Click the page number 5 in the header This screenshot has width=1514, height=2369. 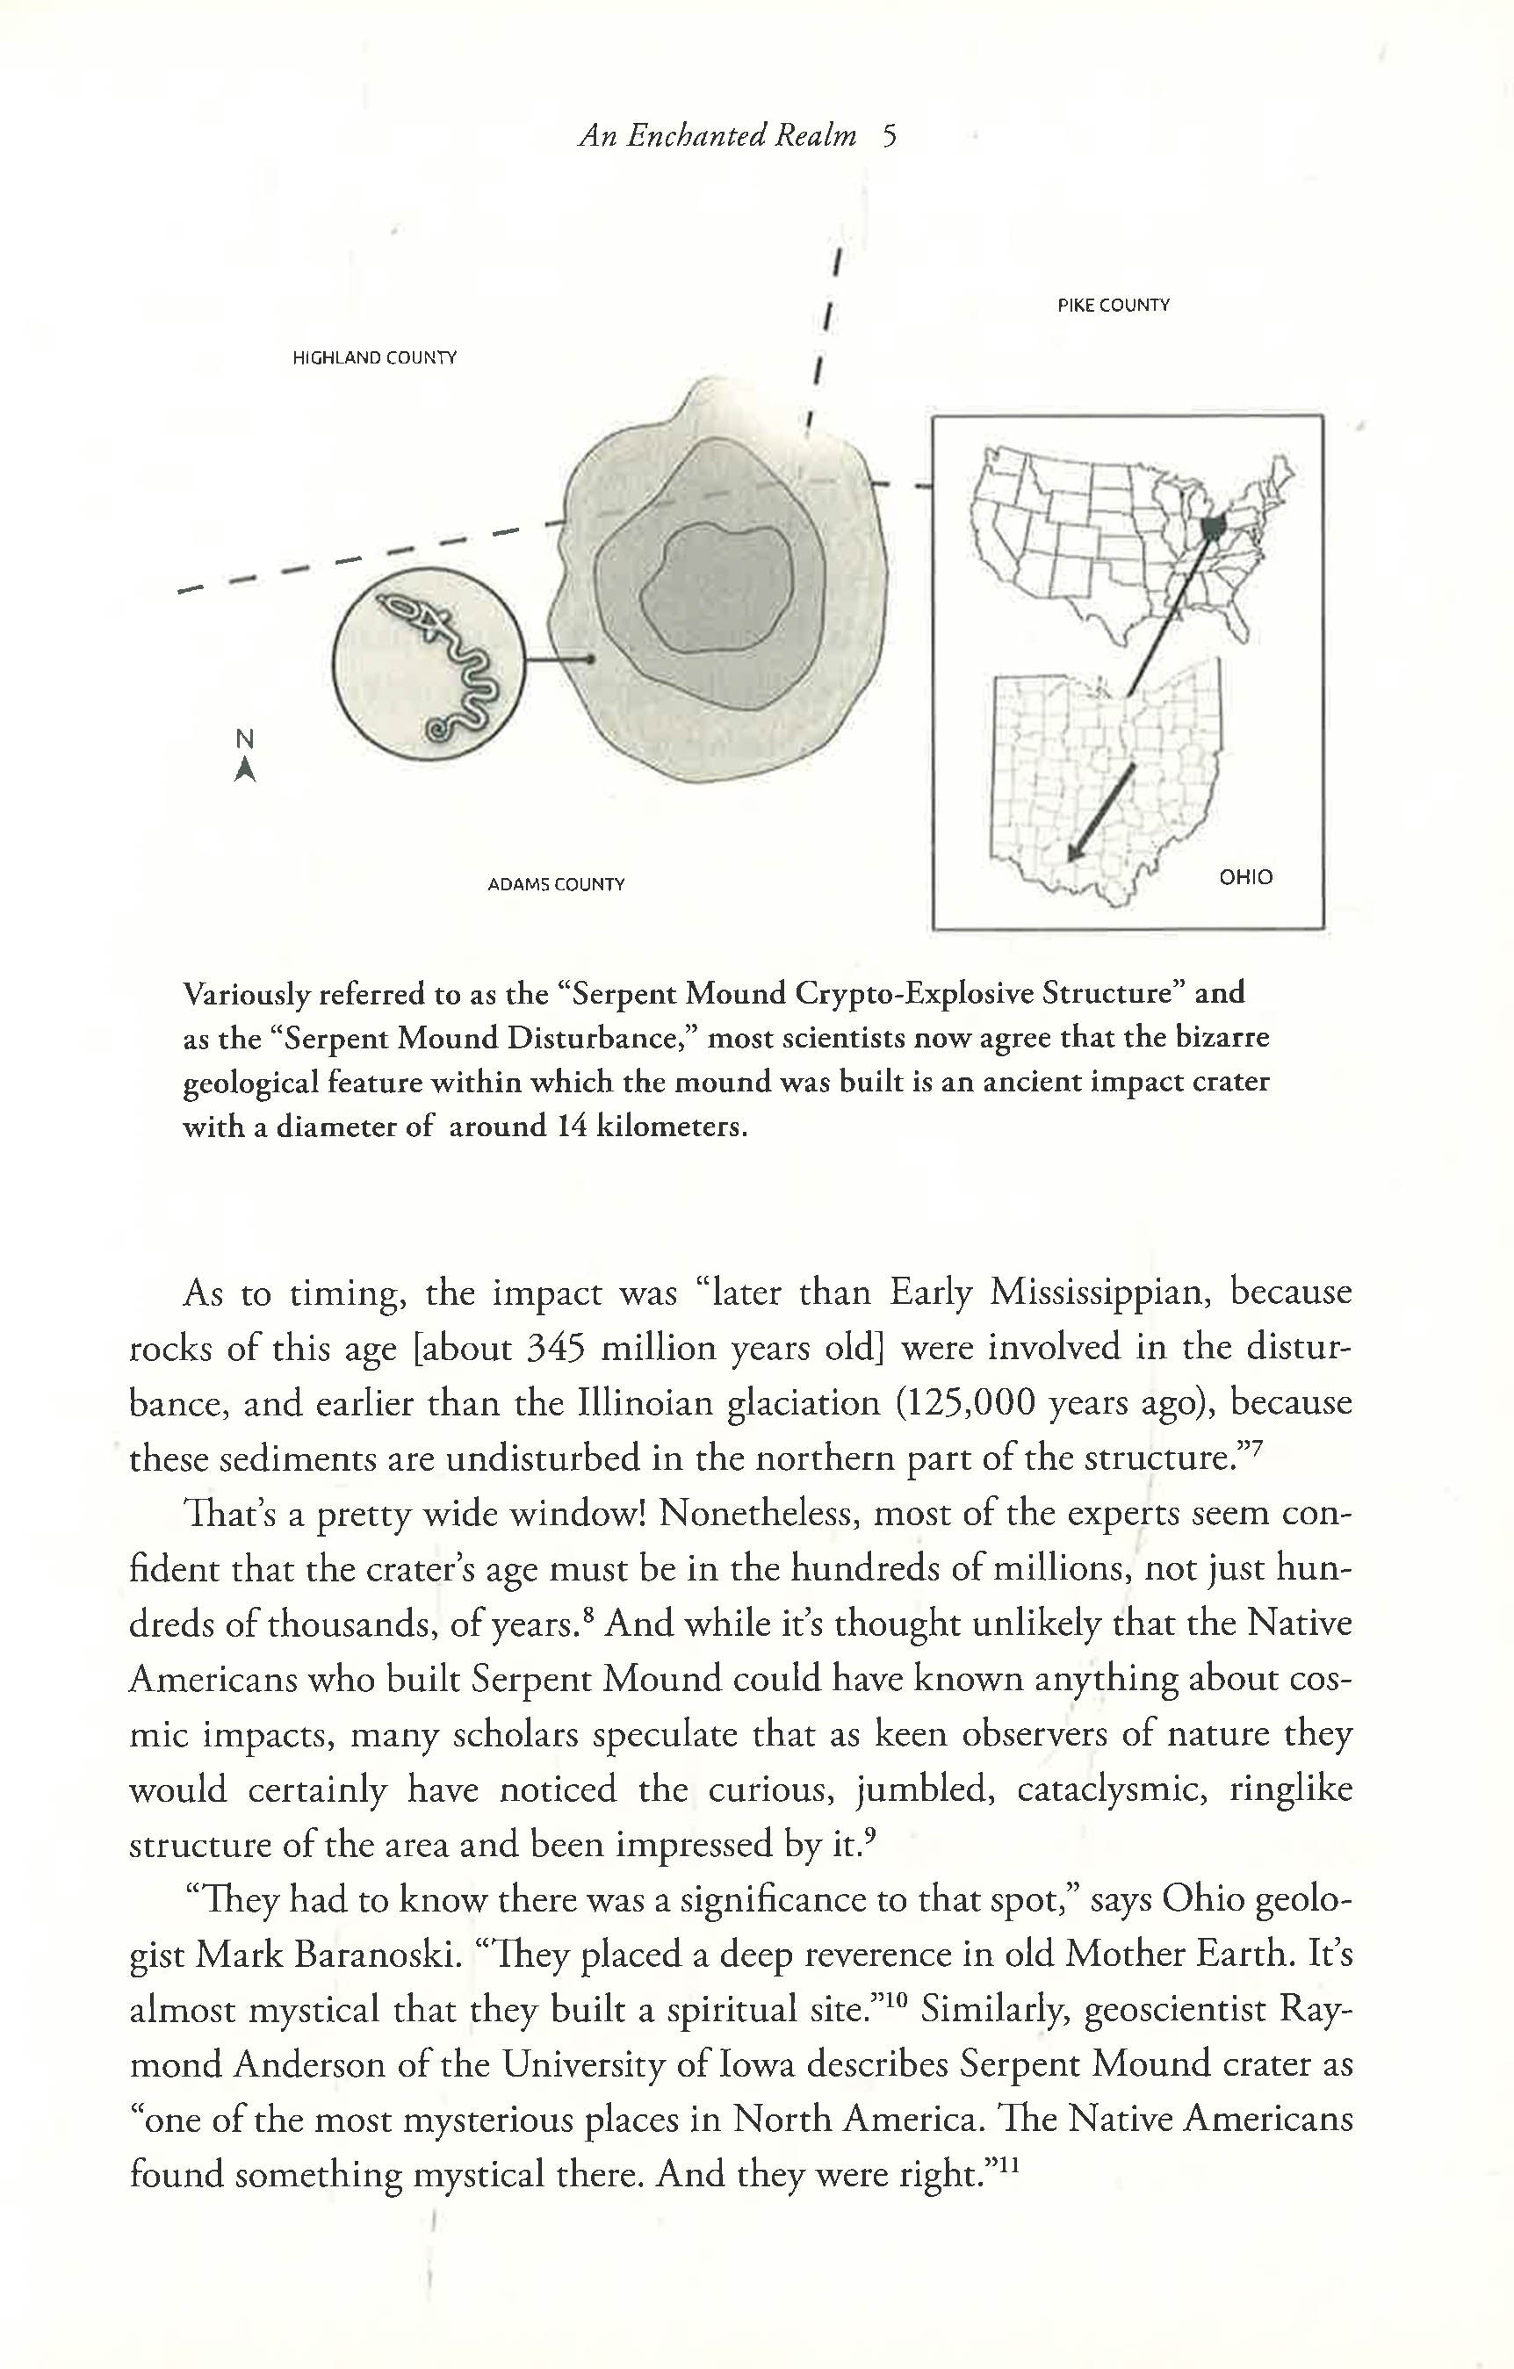(890, 136)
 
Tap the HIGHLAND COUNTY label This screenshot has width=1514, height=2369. (374, 358)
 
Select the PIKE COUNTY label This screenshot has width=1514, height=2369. (1114, 306)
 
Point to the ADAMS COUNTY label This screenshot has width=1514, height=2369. (556, 884)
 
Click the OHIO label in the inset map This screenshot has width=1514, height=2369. (1245, 876)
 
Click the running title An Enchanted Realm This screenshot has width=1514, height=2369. (717, 136)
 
